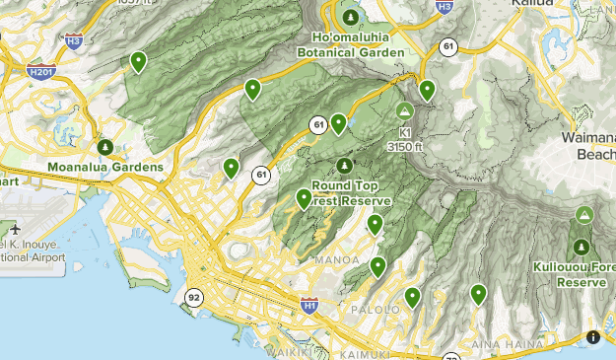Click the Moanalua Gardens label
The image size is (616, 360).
pyautogui.click(x=104, y=168)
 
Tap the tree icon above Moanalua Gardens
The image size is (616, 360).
pyautogui.click(x=104, y=148)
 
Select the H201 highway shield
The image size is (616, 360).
pyautogui.click(x=41, y=71)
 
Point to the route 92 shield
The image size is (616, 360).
pyautogui.click(x=194, y=296)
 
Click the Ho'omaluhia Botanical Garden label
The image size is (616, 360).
pyautogui.click(x=351, y=45)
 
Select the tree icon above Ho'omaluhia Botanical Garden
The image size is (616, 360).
pyautogui.click(x=351, y=17)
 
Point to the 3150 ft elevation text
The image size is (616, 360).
pyautogui.click(x=405, y=147)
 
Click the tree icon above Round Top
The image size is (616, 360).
pyautogui.click(x=344, y=165)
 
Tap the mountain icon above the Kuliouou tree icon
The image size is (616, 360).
pyautogui.click(x=584, y=214)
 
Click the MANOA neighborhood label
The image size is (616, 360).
pyautogui.click(x=329, y=260)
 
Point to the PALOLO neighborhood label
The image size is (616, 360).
pyautogui.click(x=375, y=310)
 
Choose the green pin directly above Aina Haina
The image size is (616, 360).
pyautogui.click(x=478, y=294)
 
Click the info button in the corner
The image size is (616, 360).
pyautogui.click(x=593, y=337)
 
